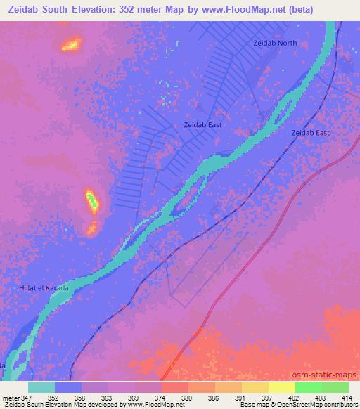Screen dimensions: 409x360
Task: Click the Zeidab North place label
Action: [274, 44]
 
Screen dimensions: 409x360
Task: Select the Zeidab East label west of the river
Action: [202, 125]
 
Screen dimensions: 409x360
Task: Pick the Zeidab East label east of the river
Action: [310, 132]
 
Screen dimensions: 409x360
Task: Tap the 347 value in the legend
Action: [27, 397]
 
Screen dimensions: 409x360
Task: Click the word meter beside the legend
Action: [11, 397]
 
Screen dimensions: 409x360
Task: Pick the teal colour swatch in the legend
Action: [41, 387]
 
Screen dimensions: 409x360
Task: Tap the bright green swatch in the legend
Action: [308, 387]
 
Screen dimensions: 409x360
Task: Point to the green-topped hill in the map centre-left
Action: [93, 202]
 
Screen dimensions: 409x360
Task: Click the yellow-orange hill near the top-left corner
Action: [71, 45]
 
